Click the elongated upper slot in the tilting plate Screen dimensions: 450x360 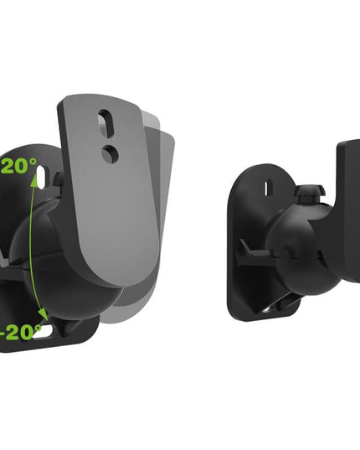(x=103, y=123)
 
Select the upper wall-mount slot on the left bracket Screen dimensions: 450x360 (x=57, y=178)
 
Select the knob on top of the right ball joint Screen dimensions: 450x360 (x=310, y=194)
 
